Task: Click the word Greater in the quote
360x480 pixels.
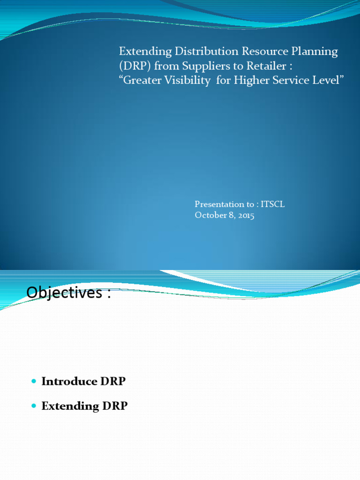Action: tap(142, 80)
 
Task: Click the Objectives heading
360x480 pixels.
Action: tap(68, 292)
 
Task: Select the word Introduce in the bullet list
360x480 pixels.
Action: tap(69, 382)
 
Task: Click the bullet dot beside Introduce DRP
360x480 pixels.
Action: tap(33, 382)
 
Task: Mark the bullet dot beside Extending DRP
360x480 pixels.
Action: tap(33, 406)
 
